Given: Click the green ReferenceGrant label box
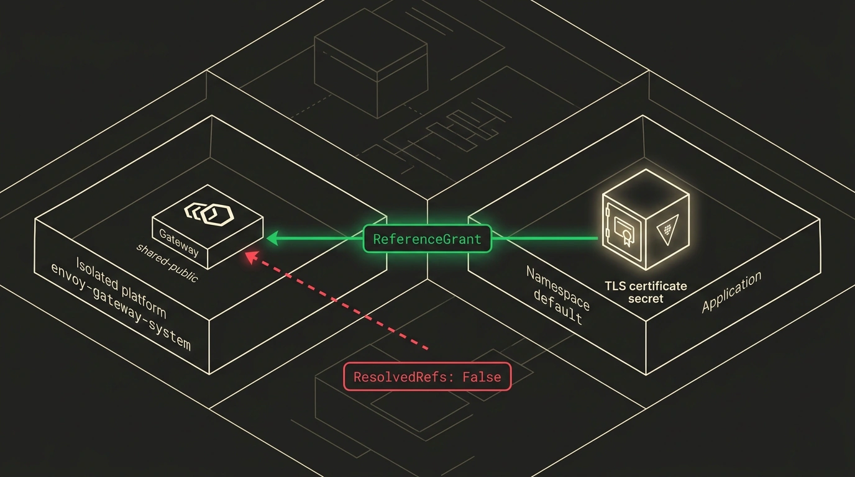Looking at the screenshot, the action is point(427,239).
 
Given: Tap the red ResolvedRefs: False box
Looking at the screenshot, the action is point(427,376).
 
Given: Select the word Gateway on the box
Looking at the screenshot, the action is point(178,243).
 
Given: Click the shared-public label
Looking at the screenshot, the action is point(167,263).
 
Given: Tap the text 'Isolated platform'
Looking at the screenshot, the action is point(121,288).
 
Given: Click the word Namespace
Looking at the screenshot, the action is point(557,288).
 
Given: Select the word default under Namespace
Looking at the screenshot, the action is point(558,306).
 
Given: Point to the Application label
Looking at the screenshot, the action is point(731,291).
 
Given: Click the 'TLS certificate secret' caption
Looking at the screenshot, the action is point(646,292).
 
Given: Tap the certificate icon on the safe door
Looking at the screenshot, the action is point(623,230).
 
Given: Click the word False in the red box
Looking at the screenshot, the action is point(482,377).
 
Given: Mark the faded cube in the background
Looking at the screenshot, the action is point(370,63).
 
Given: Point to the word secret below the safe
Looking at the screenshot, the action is point(646,298).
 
